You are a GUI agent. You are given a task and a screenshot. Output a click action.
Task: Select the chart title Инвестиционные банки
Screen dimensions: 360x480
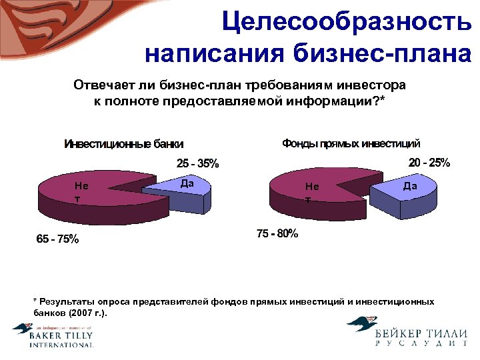point(123,144)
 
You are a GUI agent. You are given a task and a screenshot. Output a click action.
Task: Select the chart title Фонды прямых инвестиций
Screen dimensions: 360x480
point(351,143)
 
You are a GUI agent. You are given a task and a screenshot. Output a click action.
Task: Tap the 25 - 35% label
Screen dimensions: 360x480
point(197,163)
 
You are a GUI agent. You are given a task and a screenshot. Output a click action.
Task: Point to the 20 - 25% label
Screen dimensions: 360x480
point(429,163)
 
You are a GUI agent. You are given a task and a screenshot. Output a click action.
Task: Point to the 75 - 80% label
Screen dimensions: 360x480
point(277,234)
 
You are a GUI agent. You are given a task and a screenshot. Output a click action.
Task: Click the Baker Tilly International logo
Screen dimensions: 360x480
point(53,335)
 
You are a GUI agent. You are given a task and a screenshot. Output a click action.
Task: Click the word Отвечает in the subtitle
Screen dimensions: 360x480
point(101,86)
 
